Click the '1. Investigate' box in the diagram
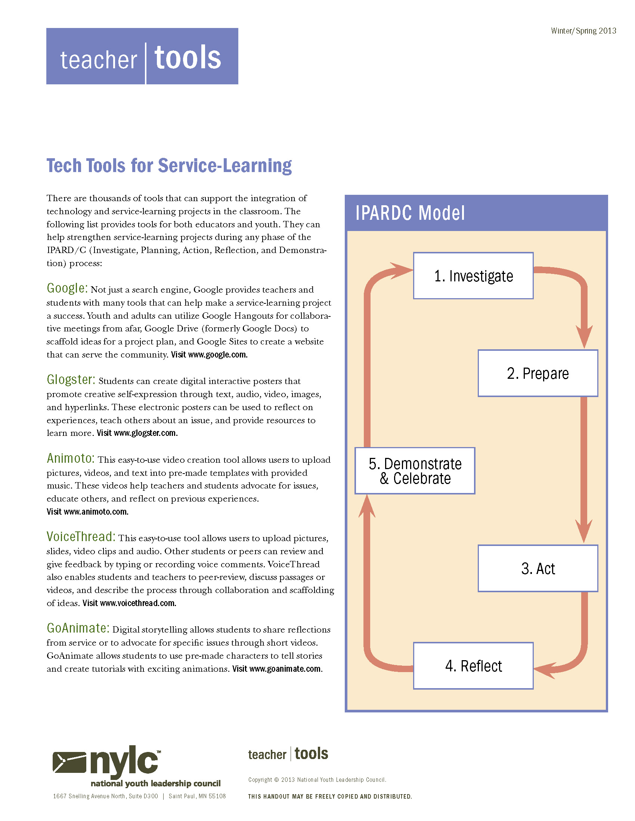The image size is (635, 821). coord(473,275)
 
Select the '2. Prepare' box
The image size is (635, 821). coord(538,373)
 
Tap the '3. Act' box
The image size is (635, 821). coord(538,568)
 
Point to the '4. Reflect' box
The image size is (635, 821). coord(473,665)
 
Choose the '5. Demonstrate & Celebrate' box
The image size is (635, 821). coord(415,470)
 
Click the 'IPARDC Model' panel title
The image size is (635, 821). coord(410,213)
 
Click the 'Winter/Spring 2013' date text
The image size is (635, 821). coord(583,31)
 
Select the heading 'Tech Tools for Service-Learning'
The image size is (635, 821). coord(169,166)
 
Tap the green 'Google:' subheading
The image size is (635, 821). coord(67,288)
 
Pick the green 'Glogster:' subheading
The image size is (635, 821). coord(71,379)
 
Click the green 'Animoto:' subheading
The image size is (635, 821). coord(70,458)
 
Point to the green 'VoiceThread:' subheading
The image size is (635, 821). coord(81,536)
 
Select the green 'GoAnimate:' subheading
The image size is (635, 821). coord(78,628)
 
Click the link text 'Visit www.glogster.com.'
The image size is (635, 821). coord(137,433)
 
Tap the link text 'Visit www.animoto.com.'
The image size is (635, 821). coord(87,512)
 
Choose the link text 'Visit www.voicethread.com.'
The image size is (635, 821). coord(129,603)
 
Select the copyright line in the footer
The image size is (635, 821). coord(317,780)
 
